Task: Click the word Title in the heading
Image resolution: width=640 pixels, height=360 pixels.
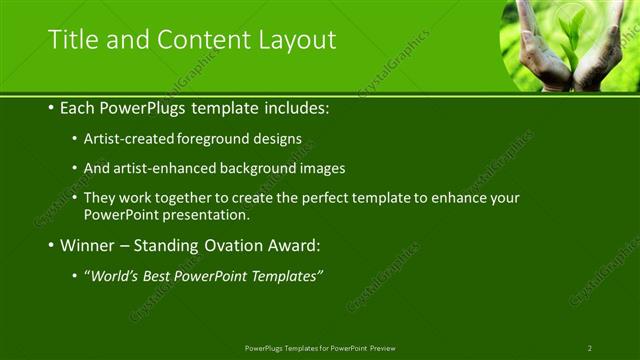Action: (x=72, y=40)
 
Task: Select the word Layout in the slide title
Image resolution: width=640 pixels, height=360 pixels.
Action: (x=295, y=40)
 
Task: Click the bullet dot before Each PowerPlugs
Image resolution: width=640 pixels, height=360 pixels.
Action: (x=51, y=106)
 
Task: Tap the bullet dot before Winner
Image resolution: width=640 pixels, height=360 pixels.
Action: (x=51, y=245)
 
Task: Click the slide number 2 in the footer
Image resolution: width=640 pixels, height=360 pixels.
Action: (x=589, y=347)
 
